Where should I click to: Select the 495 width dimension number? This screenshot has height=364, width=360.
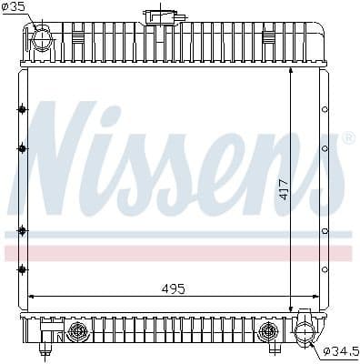coord(173,288)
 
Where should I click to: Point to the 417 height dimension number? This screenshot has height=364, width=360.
coord(283,188)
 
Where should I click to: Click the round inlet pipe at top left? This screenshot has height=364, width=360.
coord(43,39)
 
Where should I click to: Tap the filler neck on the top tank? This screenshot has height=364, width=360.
coord(162,16)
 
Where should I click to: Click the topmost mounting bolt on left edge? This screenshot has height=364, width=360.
coord(22,110)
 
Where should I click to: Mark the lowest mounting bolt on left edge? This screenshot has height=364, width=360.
coord(22,268)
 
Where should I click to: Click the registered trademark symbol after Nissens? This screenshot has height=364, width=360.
coord(347,138)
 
